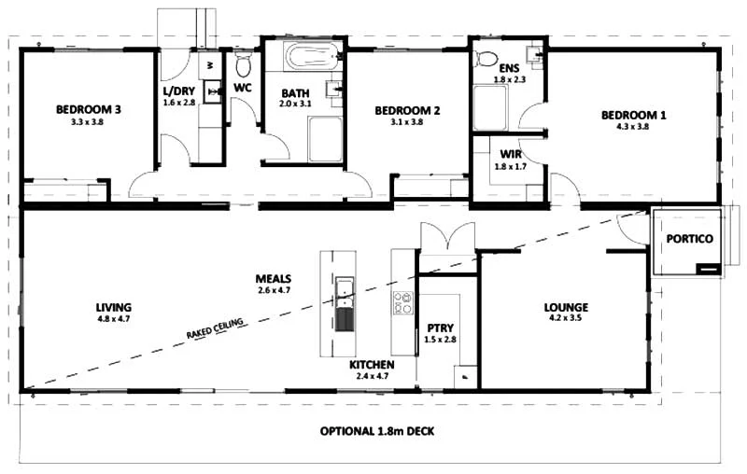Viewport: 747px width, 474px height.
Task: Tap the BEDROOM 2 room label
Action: point(407,110)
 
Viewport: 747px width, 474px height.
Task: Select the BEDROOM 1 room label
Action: point(633,115)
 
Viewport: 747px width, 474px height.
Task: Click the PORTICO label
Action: point(690,239)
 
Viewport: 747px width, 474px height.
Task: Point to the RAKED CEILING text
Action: point(215,328)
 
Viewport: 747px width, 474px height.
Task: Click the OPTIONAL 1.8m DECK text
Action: point(376,432)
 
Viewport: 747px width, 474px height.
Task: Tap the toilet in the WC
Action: point(244,64)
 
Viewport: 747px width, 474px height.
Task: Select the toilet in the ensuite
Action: point(486,58)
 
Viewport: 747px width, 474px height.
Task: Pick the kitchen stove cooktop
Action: point(403,304)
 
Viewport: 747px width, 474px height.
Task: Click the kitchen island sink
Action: point(345,292)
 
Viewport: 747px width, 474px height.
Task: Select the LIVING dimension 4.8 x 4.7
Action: point(112,319)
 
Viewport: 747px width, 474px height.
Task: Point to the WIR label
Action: point(510,153)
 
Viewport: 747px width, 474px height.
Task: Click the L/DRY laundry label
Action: point(178,91)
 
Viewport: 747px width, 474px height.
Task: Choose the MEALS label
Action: point(275,278)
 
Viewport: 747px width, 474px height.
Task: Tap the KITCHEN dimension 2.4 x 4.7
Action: point(372,376)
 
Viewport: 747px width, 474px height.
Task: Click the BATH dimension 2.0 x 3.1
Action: point(297,105)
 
